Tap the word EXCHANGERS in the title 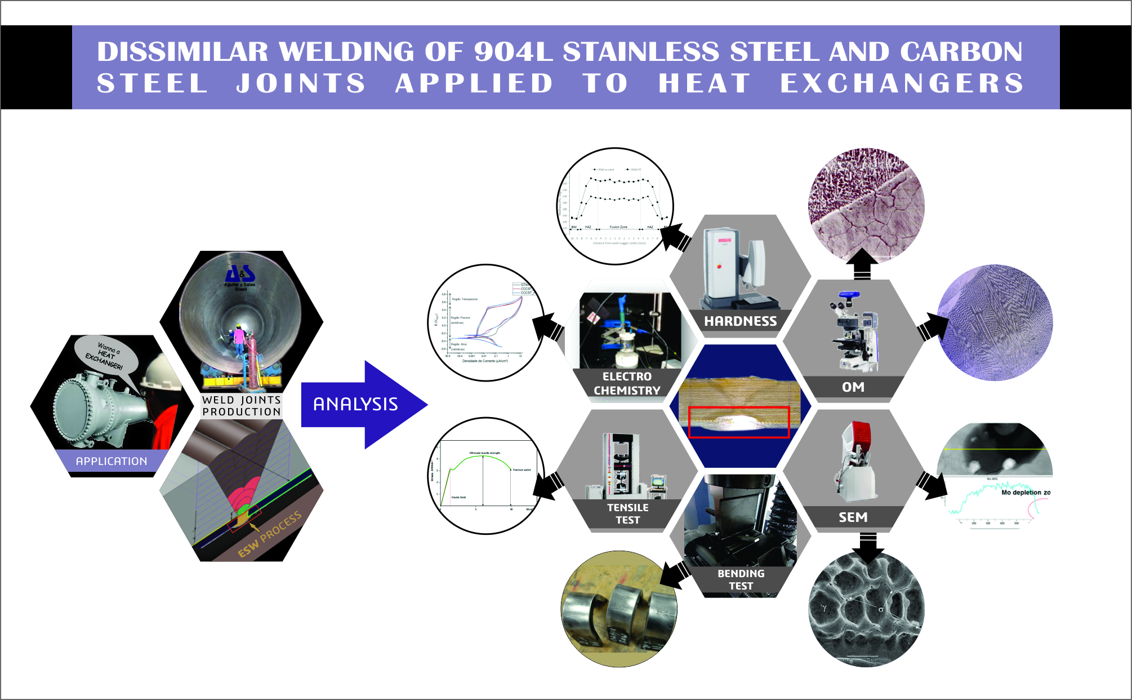click(901, 83)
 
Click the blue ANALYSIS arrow click(360, 404)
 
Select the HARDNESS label click(740, 321)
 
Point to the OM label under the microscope click(853, 387)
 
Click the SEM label click(853, 517)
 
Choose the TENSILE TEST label click(627, 513)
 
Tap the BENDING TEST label click(741, 579)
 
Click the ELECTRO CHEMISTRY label click(627, 383)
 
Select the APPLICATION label click(112, 461)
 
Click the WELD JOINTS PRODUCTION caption click(242, 406)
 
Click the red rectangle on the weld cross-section click(739, 422)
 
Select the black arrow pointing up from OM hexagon click(862, 264)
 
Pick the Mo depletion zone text click(1025, 493)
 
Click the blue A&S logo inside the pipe click(240, 275)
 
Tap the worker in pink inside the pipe click(239, 339)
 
